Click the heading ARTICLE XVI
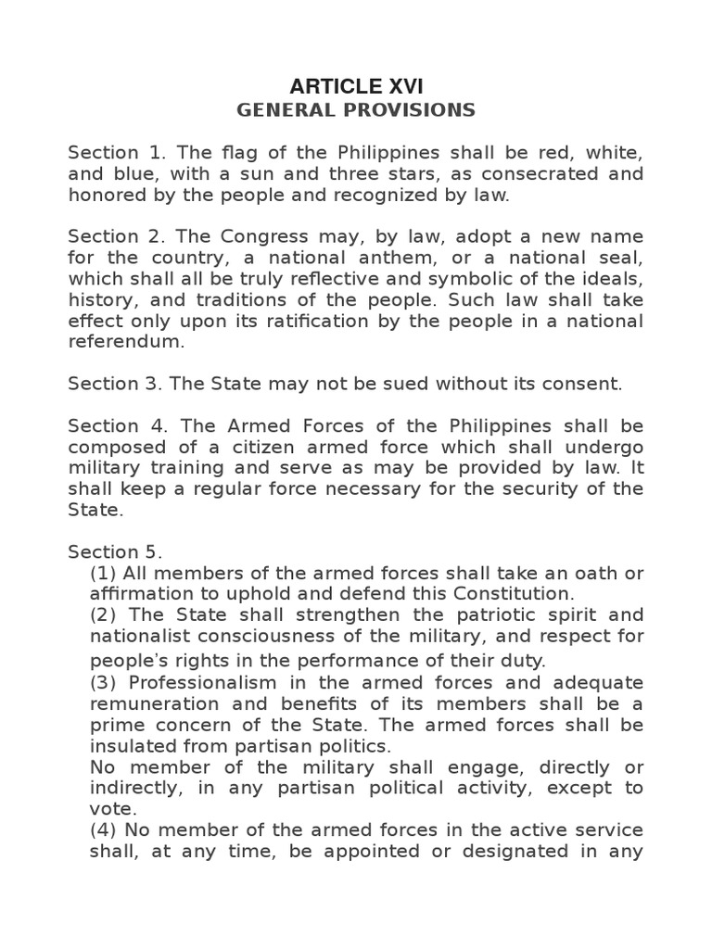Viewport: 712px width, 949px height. tap(356, 87)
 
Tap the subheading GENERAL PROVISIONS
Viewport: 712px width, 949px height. tap(356, 110)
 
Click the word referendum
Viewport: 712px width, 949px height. tap(126, 341)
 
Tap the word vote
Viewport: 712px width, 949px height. tap(111, 808)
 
